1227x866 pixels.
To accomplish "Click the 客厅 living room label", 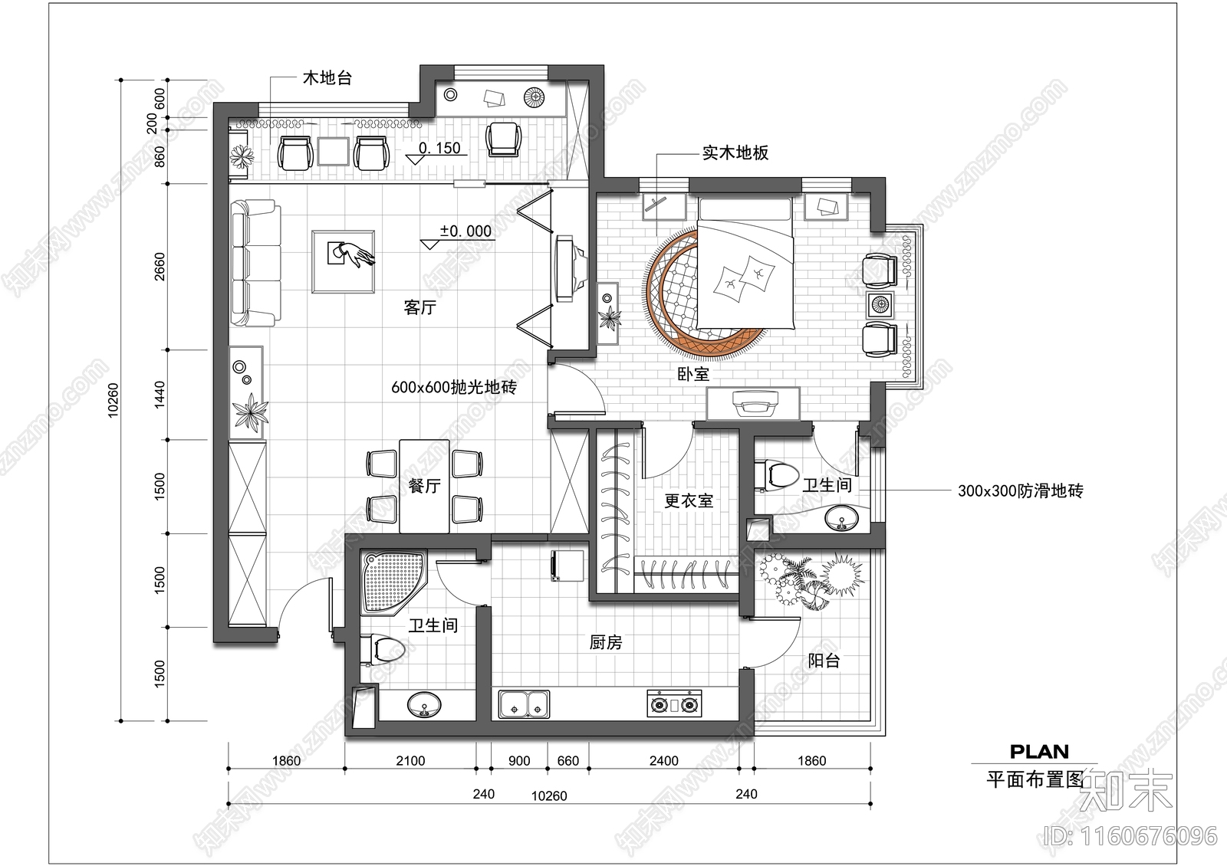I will (419, 308).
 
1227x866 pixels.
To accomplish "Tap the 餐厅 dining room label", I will (424, 486).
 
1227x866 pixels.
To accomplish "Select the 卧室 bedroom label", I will (693, 375).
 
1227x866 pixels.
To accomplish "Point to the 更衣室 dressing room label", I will (688, 501).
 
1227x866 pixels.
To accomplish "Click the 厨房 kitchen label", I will (606, 642).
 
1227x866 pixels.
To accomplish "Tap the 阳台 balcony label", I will (824, 661).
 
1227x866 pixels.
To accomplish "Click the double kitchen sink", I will (525, 704).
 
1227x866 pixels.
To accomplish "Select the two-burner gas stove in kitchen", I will (675, 704).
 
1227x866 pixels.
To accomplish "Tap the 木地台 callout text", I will (327, 78).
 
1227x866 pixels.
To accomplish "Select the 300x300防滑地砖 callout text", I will (1020, 491).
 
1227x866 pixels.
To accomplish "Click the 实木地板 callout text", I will (735, 153).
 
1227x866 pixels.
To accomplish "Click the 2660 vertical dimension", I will (160, 267).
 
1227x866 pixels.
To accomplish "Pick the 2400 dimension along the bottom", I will (663, 761).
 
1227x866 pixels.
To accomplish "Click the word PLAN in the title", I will (1038, 752).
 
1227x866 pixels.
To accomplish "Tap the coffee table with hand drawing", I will (343, 261).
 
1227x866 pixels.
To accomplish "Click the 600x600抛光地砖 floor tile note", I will (453, 388).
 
